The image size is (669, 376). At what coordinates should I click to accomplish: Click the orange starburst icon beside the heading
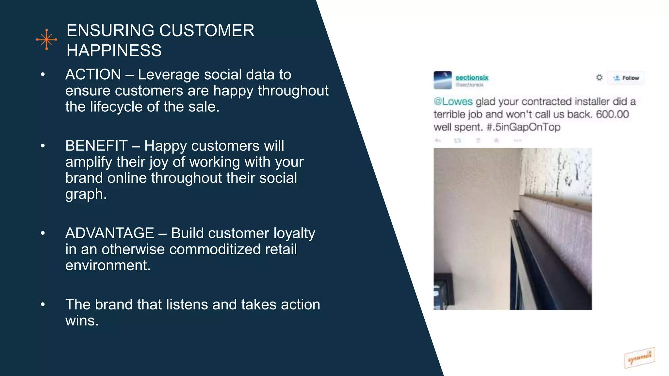(47, 39)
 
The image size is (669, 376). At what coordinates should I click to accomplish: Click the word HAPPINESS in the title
(114, 51)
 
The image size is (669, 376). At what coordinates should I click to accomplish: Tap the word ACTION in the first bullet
(93, 74)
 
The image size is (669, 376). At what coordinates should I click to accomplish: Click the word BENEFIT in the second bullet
(96, 146)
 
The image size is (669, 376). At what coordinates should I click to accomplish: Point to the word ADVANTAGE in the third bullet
(109, 233)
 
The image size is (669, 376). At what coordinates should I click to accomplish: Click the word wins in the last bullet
(81, 321)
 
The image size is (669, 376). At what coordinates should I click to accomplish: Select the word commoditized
(215, 249)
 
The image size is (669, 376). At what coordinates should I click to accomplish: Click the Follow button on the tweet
(626, 78)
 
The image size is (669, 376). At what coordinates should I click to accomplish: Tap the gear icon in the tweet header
(599, 77)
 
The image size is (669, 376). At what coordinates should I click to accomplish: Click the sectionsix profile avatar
(443, 80)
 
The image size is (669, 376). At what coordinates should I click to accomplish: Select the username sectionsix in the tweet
(472, 77)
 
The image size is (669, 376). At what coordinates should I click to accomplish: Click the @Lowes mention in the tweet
(453, 102)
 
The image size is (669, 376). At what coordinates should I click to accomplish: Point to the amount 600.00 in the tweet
(612, 114)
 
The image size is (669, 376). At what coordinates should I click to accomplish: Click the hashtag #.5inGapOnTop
(523, 127)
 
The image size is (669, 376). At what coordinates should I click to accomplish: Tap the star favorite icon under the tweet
(497, 140)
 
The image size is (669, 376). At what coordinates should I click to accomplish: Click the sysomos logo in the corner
(640, 358)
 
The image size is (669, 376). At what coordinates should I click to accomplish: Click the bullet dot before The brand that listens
(43, 305)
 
